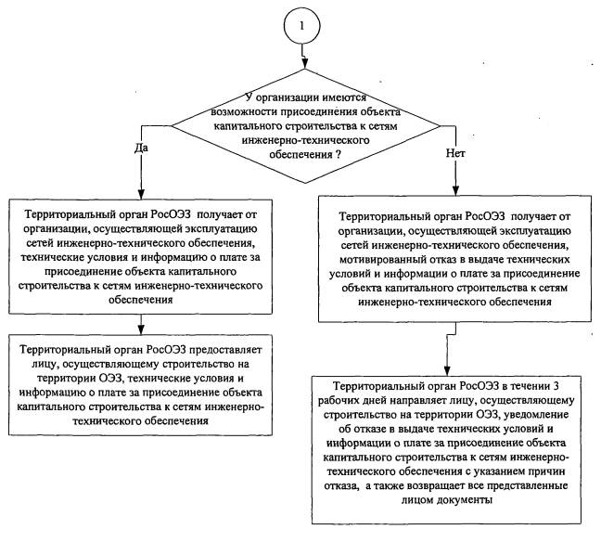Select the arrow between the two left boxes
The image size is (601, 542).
(x=141, y=322)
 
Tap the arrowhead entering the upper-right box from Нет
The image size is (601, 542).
(x=446, y=191)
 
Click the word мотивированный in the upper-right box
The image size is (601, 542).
(x=385, y=248)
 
